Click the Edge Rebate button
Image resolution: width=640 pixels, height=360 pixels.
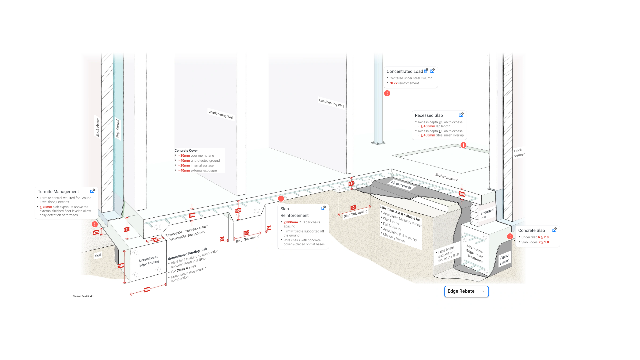click(466, 291)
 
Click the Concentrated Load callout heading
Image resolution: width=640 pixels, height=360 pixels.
click(404, 71)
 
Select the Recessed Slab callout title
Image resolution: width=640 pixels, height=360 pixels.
click(429, 115)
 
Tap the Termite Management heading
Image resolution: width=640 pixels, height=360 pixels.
click(58, 192)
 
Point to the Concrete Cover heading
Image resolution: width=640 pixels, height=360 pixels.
click(186, 151)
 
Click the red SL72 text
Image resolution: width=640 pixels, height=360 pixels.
click(393, 83)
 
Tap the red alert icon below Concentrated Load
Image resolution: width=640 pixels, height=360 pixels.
click(387, 93)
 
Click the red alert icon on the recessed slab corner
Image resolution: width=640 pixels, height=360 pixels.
click(463, 145)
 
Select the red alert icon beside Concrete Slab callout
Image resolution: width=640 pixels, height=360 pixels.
click(510, 236)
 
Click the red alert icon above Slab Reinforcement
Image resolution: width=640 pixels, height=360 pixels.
click(281, 199)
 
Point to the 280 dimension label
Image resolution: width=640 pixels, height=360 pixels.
click(121, 266)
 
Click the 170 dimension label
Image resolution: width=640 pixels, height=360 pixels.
click(126, 229)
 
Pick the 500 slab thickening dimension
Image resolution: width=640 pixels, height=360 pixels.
click(353, 207)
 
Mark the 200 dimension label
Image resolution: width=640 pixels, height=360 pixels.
click(238, 210)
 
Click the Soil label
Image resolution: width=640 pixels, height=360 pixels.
click(98, 256)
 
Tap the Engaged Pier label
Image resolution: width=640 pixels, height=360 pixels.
click(486, 214)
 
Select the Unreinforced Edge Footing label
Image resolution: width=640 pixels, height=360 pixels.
click(149, 261)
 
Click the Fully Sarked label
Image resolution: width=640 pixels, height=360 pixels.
click(117, 129)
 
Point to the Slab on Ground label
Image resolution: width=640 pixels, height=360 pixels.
click(446, 177)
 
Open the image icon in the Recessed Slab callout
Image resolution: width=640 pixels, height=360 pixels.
click(461, 115)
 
